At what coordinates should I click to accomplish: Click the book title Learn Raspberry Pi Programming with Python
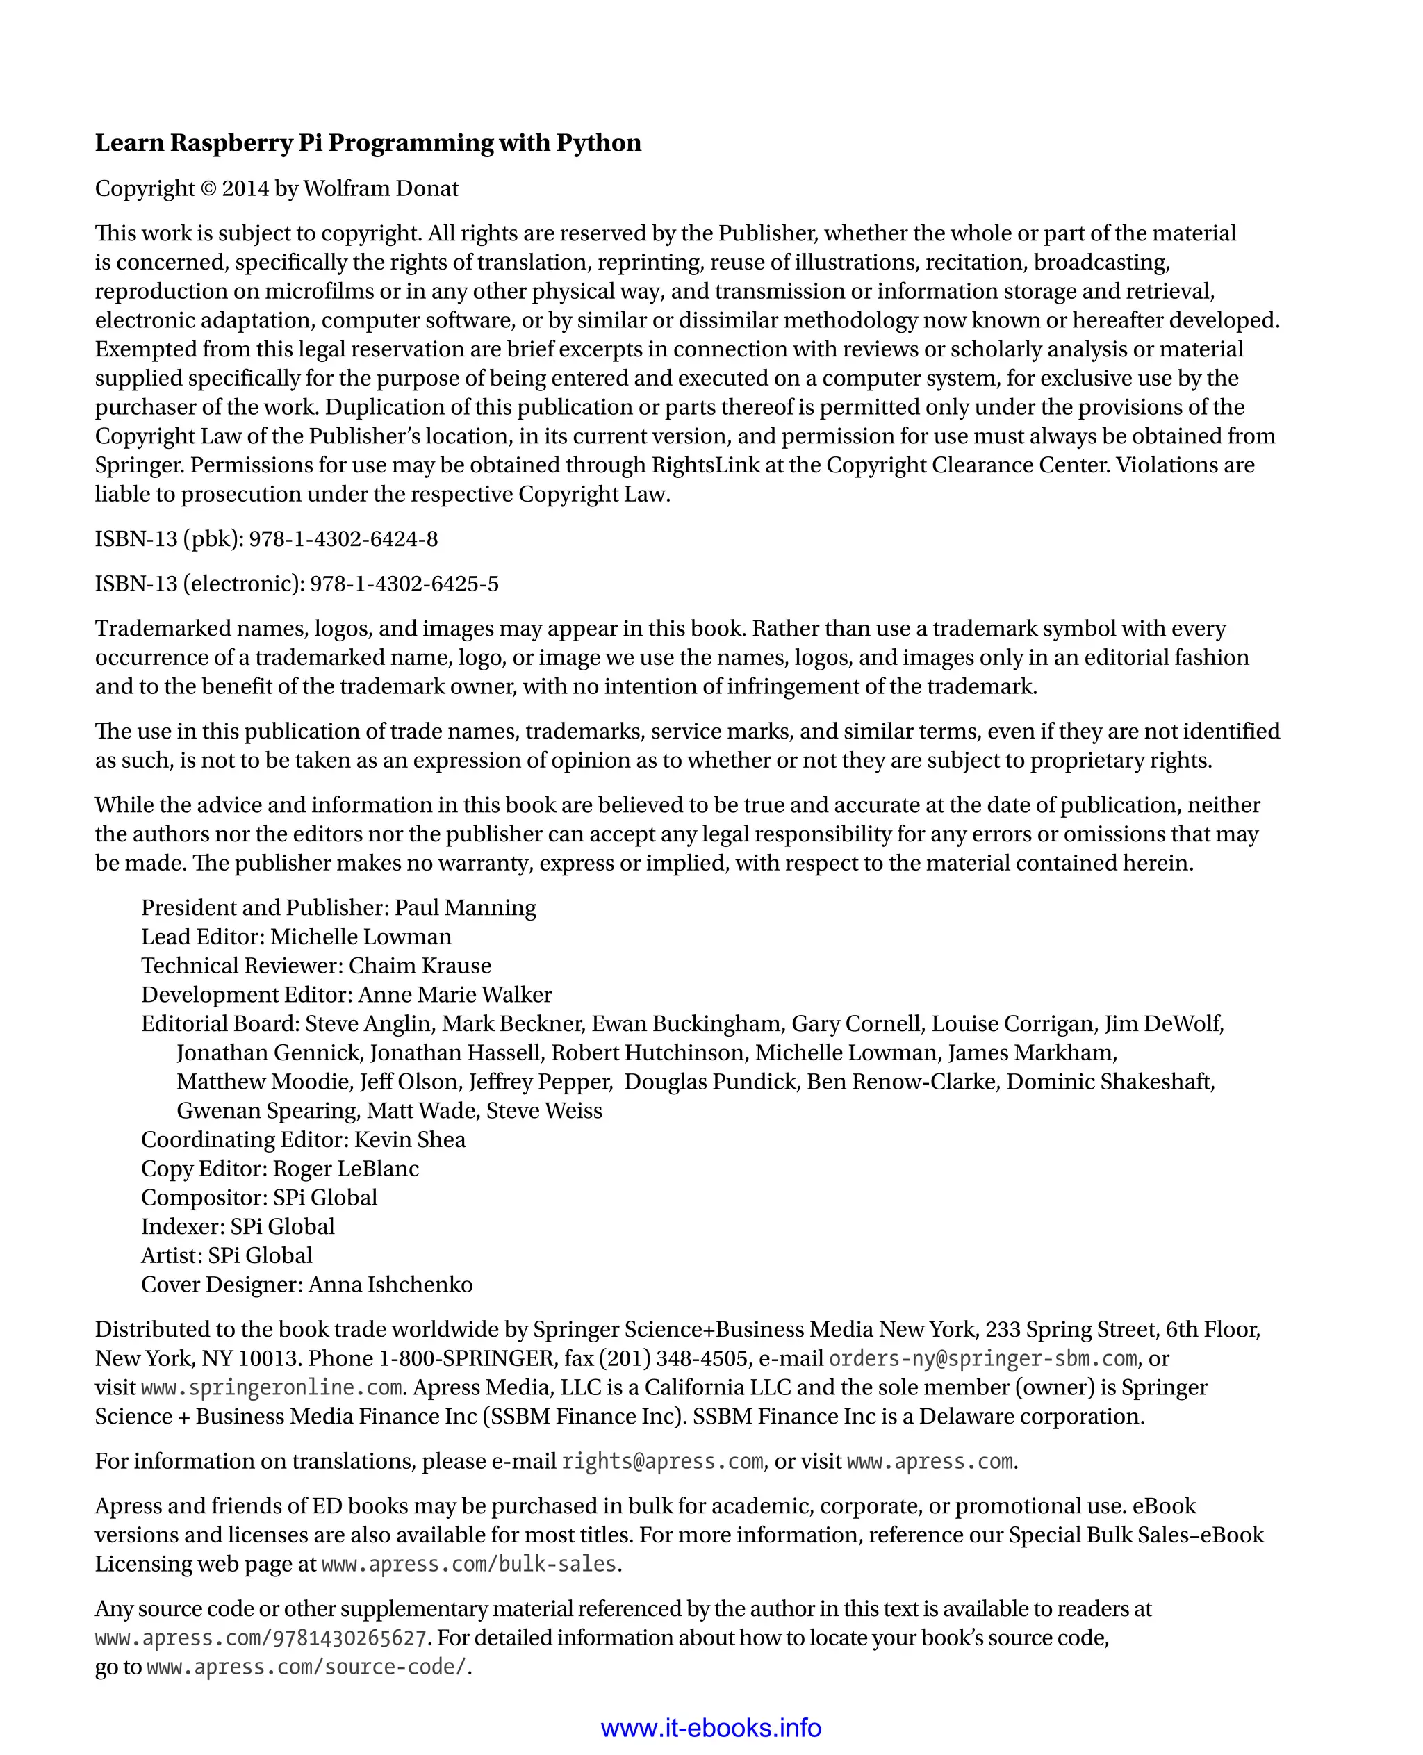tap(368, 142)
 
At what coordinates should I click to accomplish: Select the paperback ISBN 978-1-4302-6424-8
tap(343, 538)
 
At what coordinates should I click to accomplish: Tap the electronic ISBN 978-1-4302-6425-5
tap(404, 584)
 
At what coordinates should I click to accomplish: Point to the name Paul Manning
tap(465, 907)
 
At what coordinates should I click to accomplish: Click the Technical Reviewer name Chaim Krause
tap(420, 966)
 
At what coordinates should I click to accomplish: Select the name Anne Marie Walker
tap(455, 994)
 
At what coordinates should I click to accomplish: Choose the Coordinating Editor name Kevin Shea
tap(410, 1139)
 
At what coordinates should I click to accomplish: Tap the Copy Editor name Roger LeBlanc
tap(346, 1168)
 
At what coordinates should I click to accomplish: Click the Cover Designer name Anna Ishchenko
tap(390, 1285)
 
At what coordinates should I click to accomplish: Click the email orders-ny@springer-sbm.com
tap(982, 1358)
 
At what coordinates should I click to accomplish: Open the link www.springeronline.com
tap(271, 1387)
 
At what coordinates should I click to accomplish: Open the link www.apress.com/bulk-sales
tap(469, 1564)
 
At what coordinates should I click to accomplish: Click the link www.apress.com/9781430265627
tap(261, 1638)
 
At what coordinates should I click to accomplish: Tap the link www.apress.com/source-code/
tap(306, 1667)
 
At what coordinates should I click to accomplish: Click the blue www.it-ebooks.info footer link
tap(711, 1728)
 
